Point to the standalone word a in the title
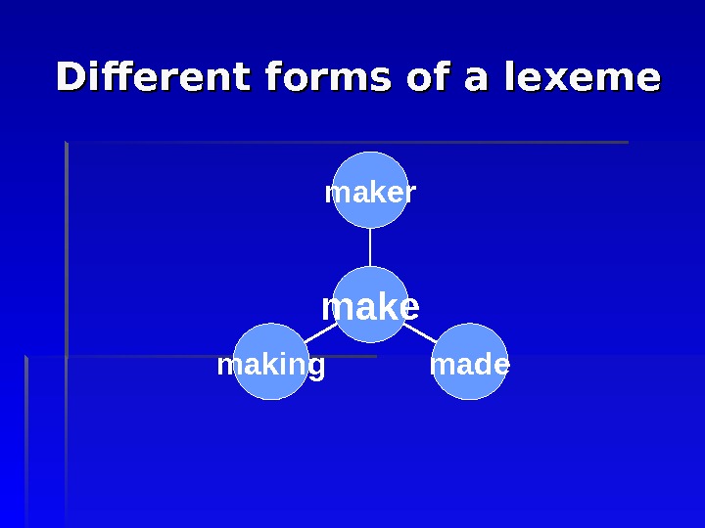pos(477,78)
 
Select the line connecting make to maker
pos(370,247)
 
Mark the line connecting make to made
pos(421,333)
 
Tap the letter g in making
pos(316,368)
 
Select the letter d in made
pos(480,365)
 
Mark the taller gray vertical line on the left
pos(66,332)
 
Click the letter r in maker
pos(411,194)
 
